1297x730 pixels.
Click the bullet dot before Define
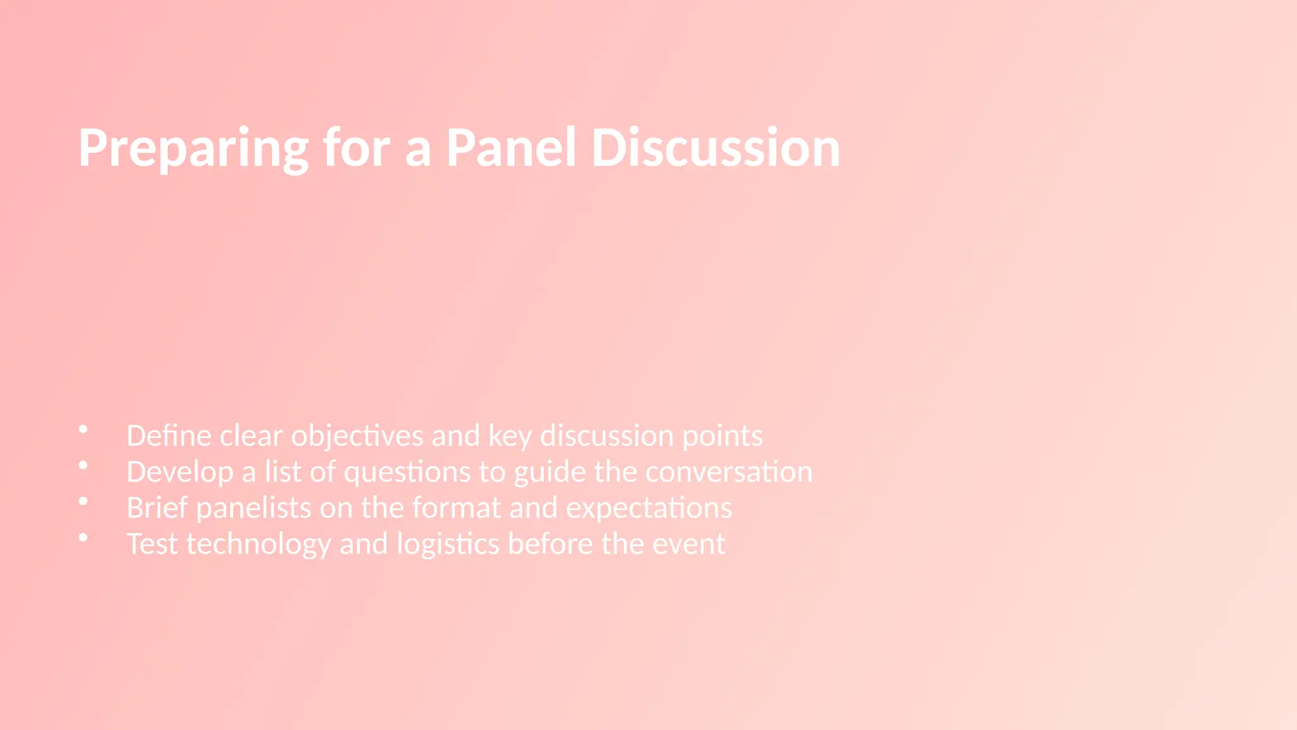click(x=83, y=430)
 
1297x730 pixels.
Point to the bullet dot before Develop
click(x=83, y=466)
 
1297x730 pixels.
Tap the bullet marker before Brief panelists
click(x=83, y=501)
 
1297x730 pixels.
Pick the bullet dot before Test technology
click(x=83, y=537)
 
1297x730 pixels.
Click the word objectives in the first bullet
click(x=357, y=437)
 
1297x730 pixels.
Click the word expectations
click(x=648, y=509)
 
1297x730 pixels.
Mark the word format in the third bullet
click(x=456, y=508)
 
